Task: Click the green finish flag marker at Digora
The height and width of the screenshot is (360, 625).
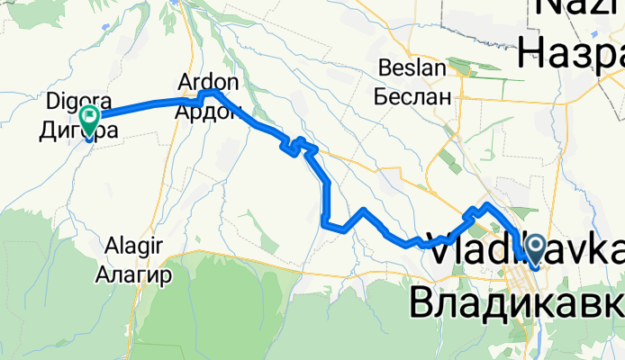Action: pyautogui.click(x=90, y=117)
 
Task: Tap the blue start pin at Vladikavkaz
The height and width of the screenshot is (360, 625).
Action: pyautogui.click(x=534, y=247)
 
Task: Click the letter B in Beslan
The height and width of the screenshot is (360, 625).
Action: pyautogui.click(x=385, y=68)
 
